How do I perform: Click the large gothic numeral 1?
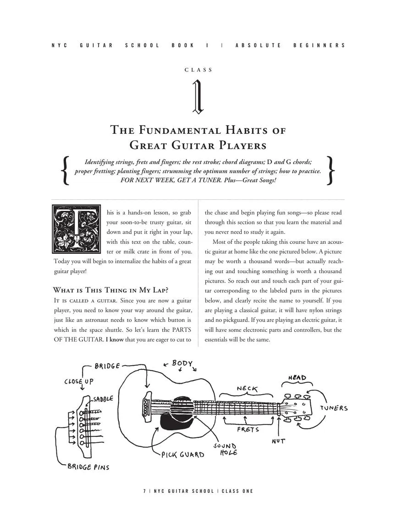click(x=198, y=97)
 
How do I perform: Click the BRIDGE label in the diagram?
click(x=107, y=366)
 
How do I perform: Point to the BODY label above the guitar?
click(x=182, y=363)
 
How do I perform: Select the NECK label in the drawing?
click(x=247, y=389)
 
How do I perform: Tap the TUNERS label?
click(x=334, y=408)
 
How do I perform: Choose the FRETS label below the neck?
click(x=248, y=429)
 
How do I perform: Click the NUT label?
click(x=278, y=441)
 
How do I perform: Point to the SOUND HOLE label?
click(x=225, y=449)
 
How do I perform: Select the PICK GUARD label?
click(x=182, y=455)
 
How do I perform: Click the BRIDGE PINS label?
click(x=88, y=467)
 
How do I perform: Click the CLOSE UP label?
click(x=79, y=381)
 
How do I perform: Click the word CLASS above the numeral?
click(x=198, y=70)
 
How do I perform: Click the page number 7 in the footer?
click(x=144, y=491)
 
